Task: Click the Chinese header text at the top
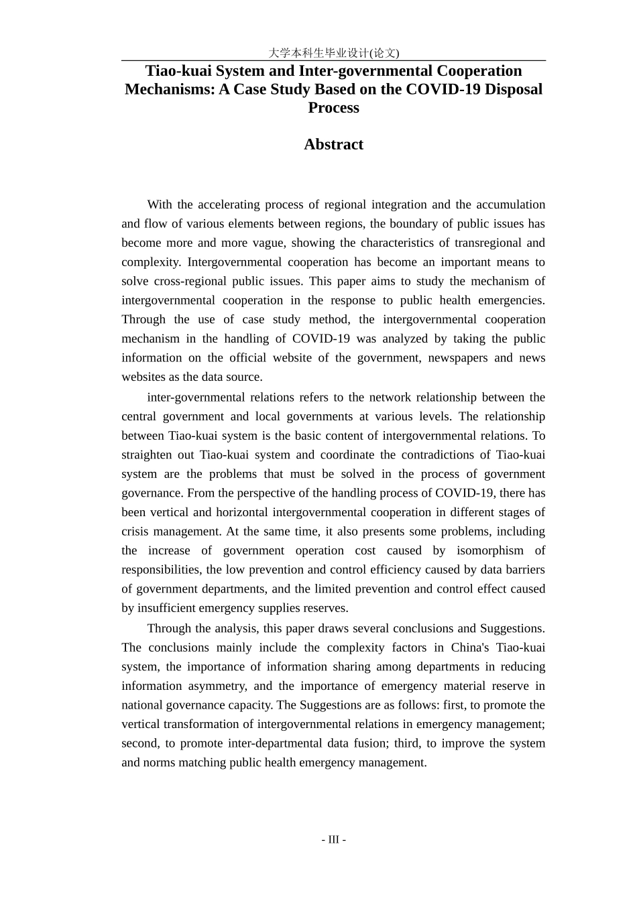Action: coord(333,53)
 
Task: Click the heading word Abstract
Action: coord(333,144)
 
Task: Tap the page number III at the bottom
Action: coord(333,839)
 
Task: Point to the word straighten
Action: coord(146,455)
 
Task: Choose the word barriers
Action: coord(524,570)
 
